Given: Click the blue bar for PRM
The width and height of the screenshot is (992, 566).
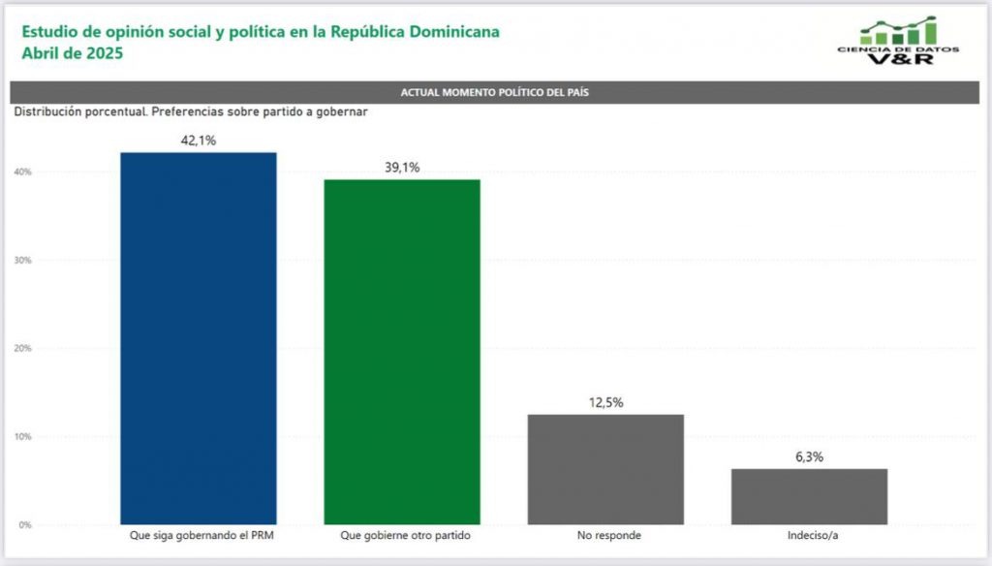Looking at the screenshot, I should click(199, 338).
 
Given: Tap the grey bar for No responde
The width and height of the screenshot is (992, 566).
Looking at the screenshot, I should click(605, 469).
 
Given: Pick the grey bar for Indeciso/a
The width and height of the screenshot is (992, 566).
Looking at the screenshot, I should click(809, 496).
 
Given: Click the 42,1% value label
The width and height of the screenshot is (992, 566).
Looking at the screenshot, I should click(199, 141).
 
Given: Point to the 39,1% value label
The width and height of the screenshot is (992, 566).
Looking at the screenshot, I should click(402, 168).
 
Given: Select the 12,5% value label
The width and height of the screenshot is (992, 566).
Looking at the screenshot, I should click(605, 402).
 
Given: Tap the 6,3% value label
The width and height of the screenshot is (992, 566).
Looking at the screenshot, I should click(809, 456).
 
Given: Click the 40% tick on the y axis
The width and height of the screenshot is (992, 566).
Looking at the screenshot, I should click(22, 173).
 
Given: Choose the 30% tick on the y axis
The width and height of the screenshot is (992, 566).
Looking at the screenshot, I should click(22, 261).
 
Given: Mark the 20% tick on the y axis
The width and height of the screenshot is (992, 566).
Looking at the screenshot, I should click(22, 348).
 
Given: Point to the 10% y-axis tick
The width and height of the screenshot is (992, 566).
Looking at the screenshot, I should click(22, 437).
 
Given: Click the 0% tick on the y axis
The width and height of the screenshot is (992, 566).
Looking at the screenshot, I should click(24, 525).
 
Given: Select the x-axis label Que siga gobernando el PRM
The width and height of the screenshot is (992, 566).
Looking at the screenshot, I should click(199, 535).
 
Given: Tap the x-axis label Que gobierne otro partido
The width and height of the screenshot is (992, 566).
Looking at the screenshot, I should click(402, 535).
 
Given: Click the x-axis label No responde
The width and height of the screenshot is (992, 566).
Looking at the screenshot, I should click(605, 535).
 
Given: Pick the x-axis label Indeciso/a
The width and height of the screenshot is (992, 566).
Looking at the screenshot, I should click(809, 535).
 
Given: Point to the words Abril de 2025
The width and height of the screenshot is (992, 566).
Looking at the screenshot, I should click(73, 54).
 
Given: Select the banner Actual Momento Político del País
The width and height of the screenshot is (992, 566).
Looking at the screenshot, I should click(495, 92).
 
